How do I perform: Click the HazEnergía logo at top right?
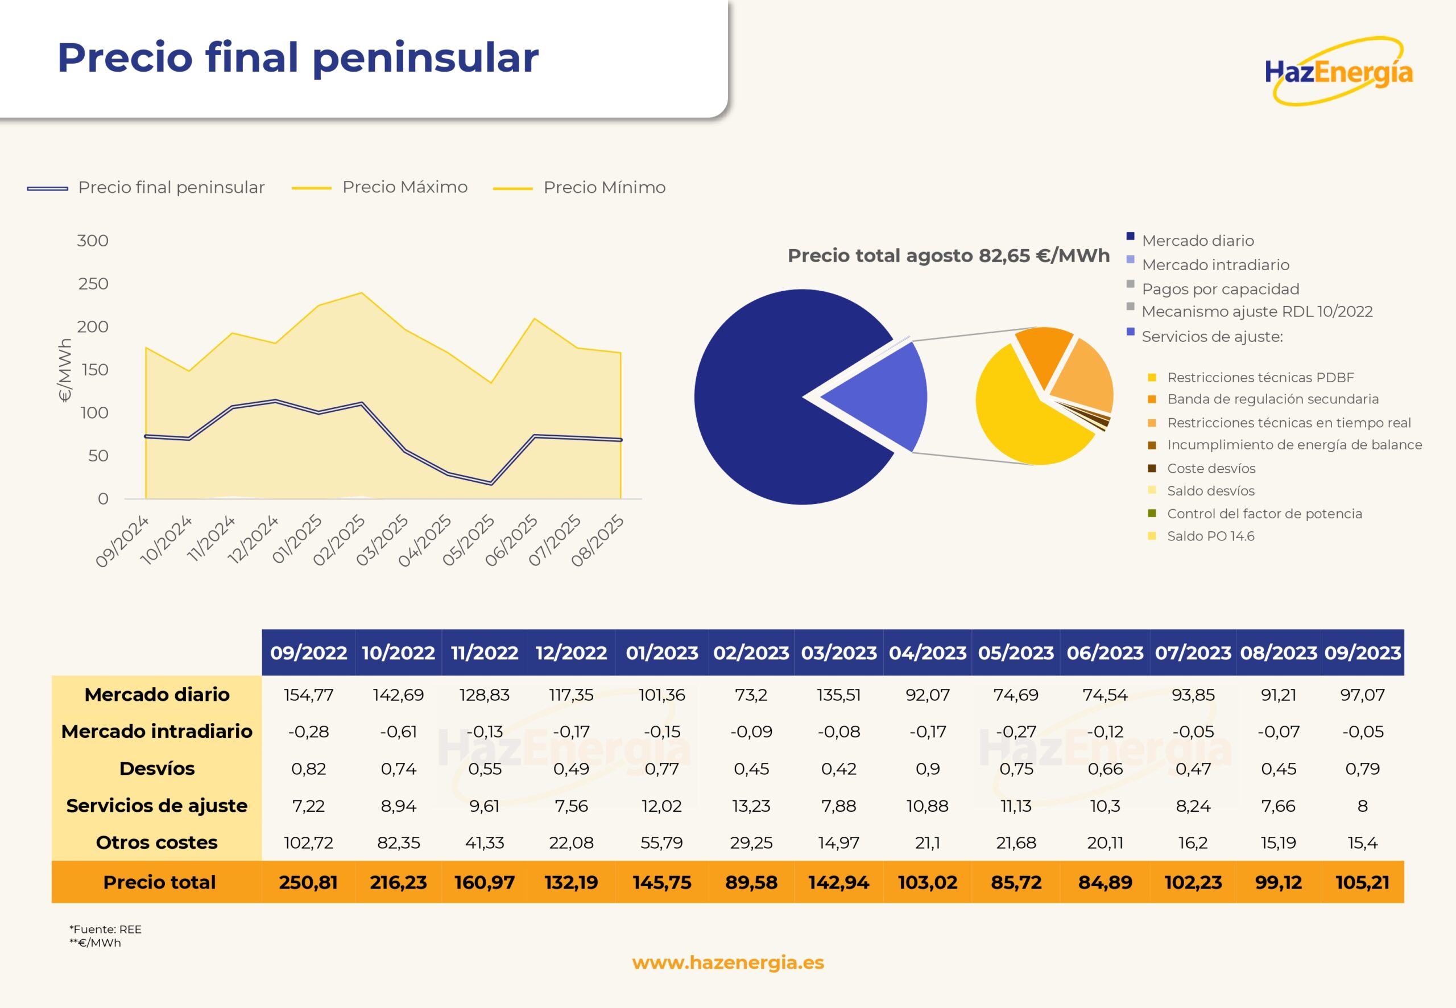1339,71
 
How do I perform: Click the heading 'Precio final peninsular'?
298,57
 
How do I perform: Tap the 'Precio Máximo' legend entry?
404,187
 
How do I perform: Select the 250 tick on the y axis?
93,284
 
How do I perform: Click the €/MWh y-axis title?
64,370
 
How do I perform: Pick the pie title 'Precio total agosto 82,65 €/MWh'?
948,255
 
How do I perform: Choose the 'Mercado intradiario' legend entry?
1215,265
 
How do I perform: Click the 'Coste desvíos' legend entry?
1210,468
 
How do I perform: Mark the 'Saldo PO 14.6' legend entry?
1210,536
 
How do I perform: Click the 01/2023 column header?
661,652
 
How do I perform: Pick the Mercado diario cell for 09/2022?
308,695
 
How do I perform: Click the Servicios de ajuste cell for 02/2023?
751,805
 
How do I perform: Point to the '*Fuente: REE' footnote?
105,928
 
